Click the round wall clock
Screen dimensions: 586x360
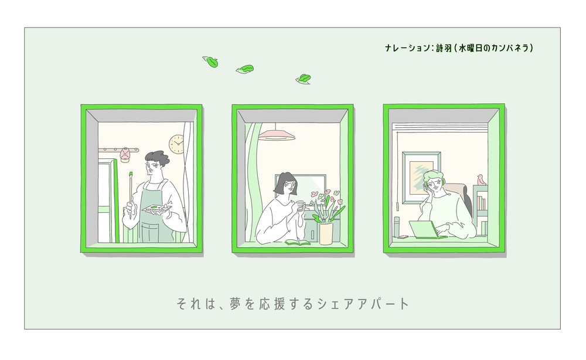(x=177, y=144)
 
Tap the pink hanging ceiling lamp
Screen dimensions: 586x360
(x=277, y=135)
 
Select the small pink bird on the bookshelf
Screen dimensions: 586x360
(x=481, y=180)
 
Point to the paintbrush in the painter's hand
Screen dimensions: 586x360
(x=131, y=195)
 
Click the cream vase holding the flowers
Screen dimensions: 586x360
(x=326, y=233)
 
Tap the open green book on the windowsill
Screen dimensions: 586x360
(x=298, y=243)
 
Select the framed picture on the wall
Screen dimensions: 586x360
(x=421, y=178)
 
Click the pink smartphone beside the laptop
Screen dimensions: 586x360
(x=402, y=237)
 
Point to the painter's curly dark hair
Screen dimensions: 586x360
(x=157, y=158)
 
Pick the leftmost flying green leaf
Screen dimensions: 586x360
(x=210, y=62)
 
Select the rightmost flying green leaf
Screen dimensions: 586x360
(x=304, y=79)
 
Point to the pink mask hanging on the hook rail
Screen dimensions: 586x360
(x=125, y=154)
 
